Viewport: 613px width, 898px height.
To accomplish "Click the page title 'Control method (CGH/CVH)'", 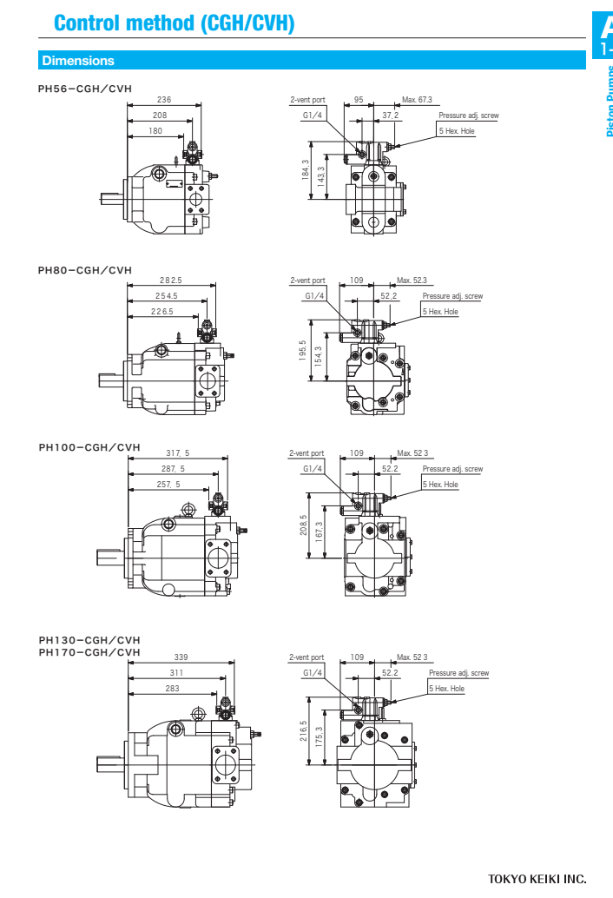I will coord(174,23).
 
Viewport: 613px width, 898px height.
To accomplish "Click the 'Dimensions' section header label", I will coord(78,61).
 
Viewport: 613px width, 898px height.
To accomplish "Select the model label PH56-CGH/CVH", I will coord(85,88).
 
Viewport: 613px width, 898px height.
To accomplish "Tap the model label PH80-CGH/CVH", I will coord(85,270).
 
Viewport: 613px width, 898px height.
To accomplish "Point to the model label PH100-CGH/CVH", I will coord(89,447).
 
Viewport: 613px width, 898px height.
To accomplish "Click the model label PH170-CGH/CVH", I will coord(89,651).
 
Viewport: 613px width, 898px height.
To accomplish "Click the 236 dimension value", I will coord(164,100).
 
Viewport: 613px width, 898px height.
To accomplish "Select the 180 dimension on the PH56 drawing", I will coord(155,131).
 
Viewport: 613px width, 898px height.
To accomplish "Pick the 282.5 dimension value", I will coord(170,280).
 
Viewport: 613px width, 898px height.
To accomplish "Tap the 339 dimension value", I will coord(181,657).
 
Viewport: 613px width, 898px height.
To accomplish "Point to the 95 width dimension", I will coord(359,100).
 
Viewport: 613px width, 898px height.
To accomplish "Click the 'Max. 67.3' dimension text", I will coord(417,100).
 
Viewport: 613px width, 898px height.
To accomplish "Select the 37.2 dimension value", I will coord(391,115).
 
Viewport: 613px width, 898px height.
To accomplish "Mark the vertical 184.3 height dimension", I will coord(306,171).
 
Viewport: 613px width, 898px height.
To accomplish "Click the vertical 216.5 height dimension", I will coord(304,732).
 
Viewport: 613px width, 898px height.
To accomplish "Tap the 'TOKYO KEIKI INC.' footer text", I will coord(537,879).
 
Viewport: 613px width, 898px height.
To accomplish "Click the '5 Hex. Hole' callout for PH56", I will coord(457,130).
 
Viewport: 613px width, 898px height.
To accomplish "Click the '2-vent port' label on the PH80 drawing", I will coord(307,281).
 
